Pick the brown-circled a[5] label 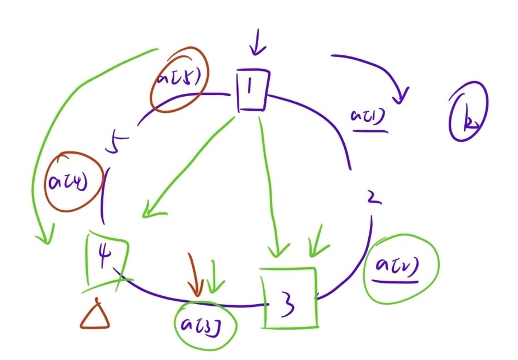(x=178, y=80)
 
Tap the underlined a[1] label (x=369, y=119)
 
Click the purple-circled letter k (x=468, y=111)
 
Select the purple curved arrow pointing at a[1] (x=374, y=70)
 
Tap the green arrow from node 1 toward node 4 (x=187, y=168)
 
